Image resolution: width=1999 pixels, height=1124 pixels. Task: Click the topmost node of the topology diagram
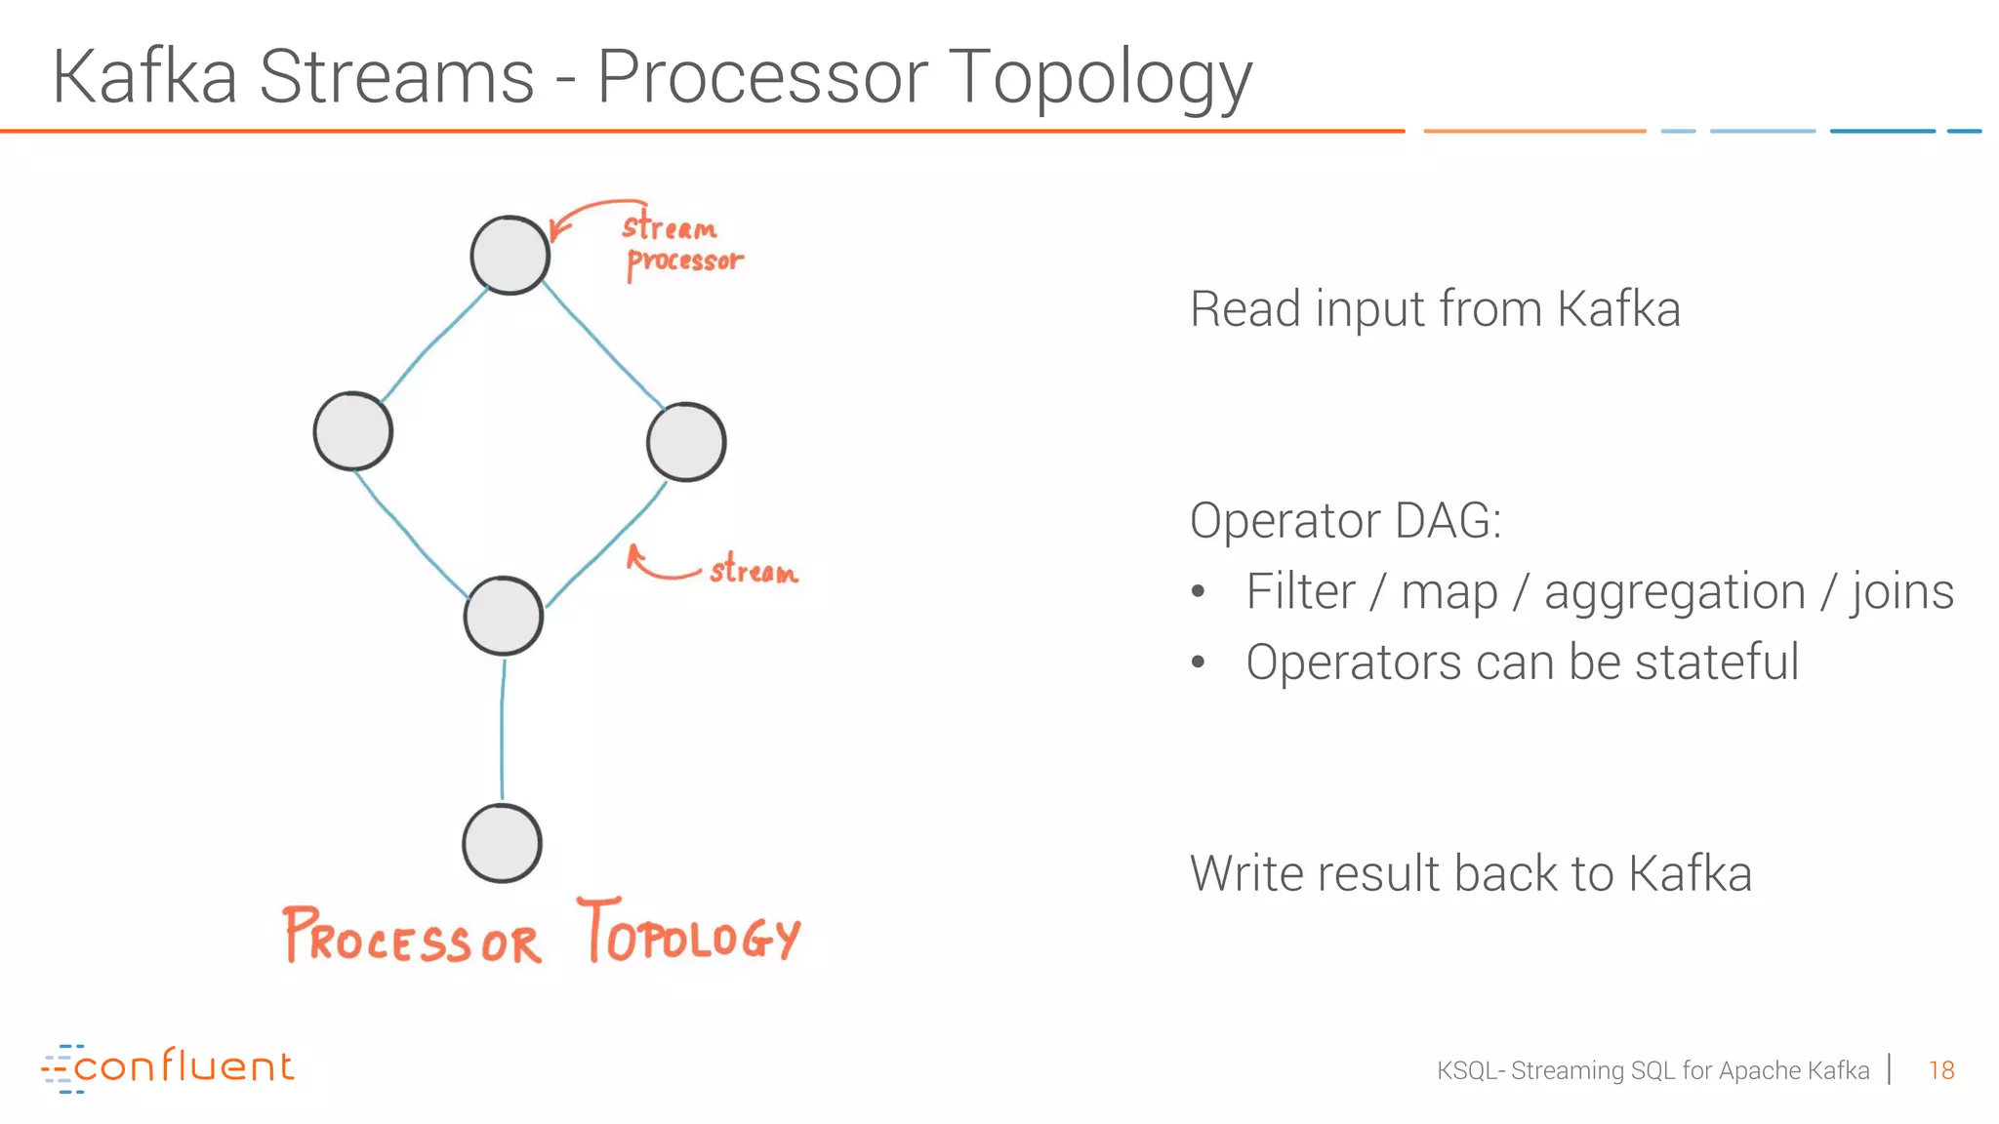tap(510, 255)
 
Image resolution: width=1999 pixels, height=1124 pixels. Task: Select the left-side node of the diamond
tap(352, 431)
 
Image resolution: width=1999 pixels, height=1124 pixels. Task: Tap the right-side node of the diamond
tap(686, 442)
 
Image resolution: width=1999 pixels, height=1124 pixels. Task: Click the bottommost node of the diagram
tap(502, 843)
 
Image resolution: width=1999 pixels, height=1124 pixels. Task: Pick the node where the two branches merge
tap(503, 616)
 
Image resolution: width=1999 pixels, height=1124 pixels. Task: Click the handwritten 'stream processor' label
tap(681, 244)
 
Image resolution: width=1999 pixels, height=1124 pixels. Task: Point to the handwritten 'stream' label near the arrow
tap(753, 570)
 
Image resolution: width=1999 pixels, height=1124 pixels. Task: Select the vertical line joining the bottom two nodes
tap(502, 730)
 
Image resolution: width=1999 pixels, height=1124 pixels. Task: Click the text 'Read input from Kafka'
tap(1435, 309)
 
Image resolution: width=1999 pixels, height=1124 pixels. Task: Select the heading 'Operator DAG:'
tap(1345, 520)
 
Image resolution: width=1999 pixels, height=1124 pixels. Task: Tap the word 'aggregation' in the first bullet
tap(1674, 593)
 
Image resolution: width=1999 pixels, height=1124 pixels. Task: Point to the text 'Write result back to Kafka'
tap(1470, 873)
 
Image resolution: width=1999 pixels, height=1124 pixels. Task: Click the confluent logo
tap(168, 1067)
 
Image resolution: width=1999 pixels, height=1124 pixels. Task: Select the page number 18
tap(1940, 1070)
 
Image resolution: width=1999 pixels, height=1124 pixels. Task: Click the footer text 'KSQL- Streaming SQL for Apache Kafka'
tap(1652, 1070)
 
